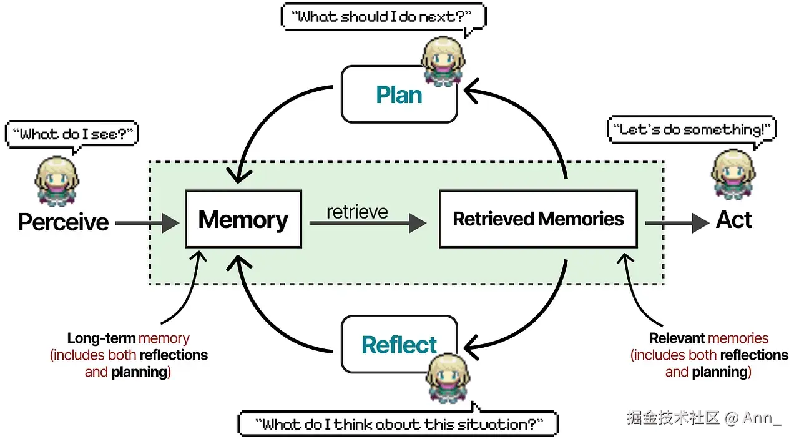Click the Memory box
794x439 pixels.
[243, 220]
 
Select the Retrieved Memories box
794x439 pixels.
[538, 219]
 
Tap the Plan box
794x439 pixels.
[399, 95]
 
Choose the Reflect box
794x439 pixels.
[399, 345]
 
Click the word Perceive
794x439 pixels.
[64, 222]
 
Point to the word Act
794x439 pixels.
[734, 220]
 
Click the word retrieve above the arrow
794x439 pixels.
[357, 211]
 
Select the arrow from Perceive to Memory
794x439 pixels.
[147, 222]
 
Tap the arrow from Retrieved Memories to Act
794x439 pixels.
[677, 222]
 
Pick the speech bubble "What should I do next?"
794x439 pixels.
[383, 17]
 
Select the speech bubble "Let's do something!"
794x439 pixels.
[692, 130]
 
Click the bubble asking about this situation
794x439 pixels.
[398, 424]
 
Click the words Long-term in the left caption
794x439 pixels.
[102, 338]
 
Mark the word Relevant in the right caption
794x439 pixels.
[677, 338]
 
